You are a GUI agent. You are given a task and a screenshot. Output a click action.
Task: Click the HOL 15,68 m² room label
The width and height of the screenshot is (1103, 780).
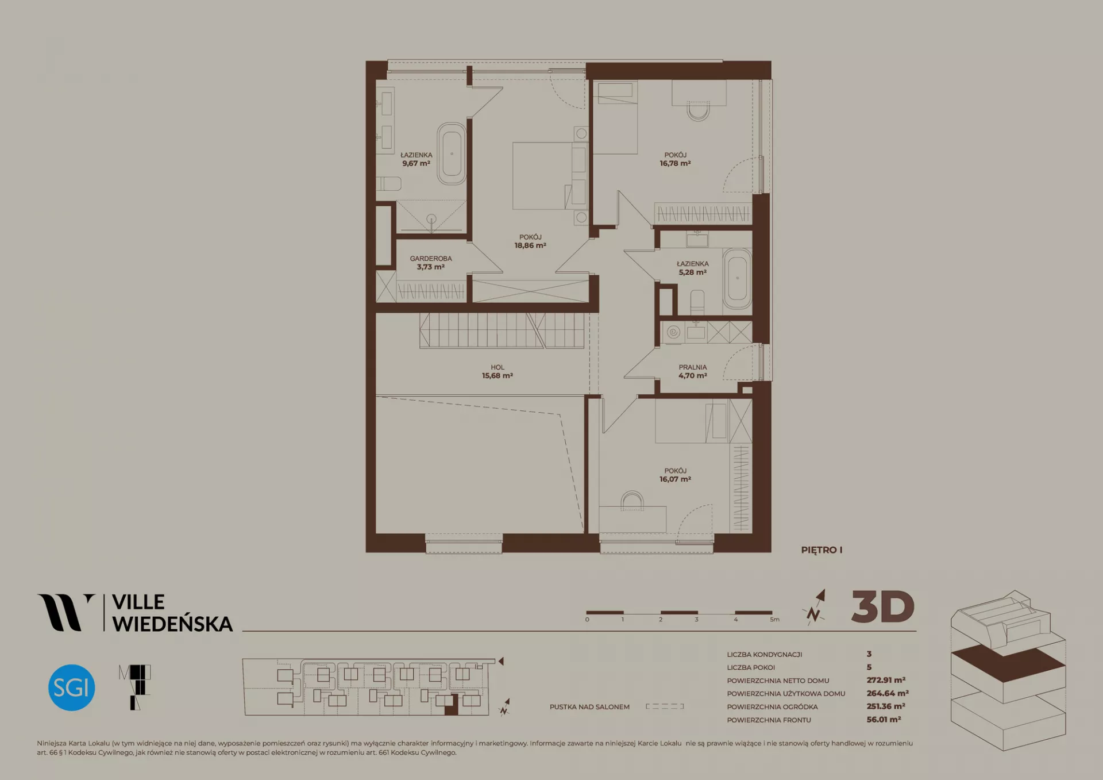[x=497, y=371]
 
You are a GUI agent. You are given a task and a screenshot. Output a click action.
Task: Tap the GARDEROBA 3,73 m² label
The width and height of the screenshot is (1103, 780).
[x=431, y=263]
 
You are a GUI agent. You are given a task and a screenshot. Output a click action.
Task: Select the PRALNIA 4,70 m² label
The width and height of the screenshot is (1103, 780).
[x=693, y=371]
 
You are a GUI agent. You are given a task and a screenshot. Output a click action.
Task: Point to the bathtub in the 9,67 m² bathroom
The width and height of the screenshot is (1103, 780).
[x=452, y=153]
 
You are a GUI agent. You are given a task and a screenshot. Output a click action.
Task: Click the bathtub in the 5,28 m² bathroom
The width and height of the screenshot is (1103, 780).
[x=737, y=279]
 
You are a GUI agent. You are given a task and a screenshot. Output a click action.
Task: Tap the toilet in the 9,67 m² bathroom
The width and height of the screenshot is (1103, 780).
[x=389, y=184]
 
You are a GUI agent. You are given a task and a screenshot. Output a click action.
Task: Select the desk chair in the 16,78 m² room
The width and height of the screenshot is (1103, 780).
[x=699, y=110]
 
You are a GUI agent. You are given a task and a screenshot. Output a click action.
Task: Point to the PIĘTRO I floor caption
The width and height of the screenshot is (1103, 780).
[x=822, y=550]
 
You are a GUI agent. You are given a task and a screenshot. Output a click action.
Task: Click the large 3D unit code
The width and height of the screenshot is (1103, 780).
[x=883, y=607]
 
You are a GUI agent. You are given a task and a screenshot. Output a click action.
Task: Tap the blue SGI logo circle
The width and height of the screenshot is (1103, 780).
[x=72, y=687]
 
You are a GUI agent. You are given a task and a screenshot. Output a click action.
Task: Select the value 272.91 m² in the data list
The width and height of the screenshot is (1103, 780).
[x=886, y=680]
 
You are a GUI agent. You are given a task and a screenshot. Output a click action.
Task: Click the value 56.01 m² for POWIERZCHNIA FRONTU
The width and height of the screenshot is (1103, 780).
[x=884, y=719]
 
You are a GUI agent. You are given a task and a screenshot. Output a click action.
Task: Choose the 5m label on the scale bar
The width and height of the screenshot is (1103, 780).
[x=775, y=620]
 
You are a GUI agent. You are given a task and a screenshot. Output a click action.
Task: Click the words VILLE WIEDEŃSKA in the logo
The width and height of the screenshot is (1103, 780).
[x=172, y=613]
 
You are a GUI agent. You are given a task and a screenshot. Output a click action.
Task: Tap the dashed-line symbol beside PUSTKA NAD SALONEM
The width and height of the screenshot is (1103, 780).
[x=665, y=706]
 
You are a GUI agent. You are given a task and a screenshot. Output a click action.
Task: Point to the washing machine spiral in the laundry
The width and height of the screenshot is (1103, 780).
[x=673, y=332]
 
